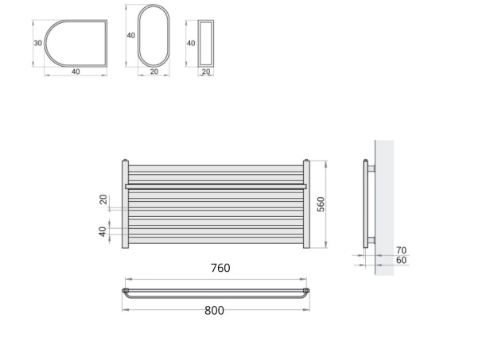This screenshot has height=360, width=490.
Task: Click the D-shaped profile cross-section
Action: (x=75, y=43)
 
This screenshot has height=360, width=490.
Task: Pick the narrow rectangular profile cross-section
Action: (x=206, y=43)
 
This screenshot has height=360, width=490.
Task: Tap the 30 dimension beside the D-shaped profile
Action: (x=37, y=43)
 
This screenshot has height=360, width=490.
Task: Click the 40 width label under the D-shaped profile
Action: (x=76, y=72)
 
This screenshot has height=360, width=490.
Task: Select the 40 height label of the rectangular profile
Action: (x=190, y=43)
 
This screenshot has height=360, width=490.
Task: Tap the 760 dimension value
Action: (x=220, y=269)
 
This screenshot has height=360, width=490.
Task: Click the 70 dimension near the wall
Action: (x=401, y=250)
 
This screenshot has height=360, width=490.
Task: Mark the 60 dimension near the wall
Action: (x=401, y=260)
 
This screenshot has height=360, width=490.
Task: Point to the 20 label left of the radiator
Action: (x=103, y=199)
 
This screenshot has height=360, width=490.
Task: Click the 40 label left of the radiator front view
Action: (x=103, y=232)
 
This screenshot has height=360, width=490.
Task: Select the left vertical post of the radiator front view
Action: (x=125, y=205)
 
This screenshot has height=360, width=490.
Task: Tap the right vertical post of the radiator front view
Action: (x=305, y=205)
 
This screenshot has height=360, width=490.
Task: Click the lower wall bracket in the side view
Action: (x=371, y=239)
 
